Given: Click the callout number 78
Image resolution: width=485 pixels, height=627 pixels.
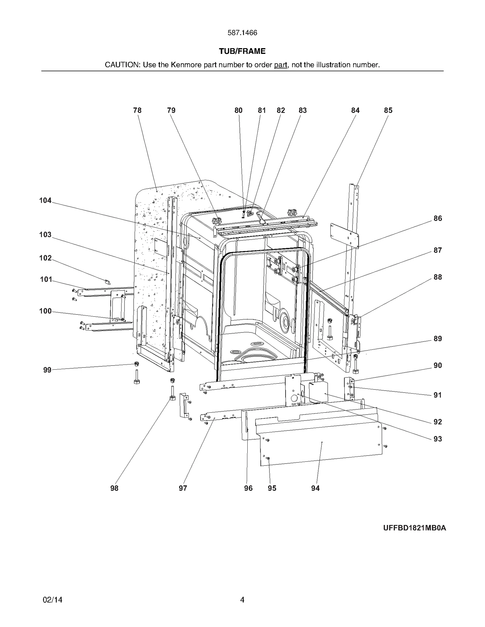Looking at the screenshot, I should (x=137, y=111).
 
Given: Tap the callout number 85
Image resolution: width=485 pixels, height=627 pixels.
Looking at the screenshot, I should (x=388, y=111).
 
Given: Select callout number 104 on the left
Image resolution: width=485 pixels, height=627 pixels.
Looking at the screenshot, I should (x=45, y=200).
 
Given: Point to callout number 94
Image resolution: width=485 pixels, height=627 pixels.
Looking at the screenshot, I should (x=315, y=488).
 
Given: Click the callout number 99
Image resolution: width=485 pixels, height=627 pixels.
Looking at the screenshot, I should (x=47, y=370).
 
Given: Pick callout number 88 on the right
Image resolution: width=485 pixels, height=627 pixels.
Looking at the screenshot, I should (x=437, y=277).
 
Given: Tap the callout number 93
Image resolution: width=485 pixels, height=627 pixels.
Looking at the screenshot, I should (x=437, y=439).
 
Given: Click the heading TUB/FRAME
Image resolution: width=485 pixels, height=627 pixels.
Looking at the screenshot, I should (x=242, y=51).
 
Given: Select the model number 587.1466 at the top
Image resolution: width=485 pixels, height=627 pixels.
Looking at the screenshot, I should (x=242, y=33).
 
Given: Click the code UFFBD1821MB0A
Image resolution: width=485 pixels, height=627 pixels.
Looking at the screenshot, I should (x=414, y=528).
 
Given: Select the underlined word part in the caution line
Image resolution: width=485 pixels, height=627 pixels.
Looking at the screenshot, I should (x=280, y=65).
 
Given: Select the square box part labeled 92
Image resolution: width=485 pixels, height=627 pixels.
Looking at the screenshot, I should (x=319, y=392).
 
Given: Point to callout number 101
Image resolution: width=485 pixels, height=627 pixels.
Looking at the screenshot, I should (x=46, y=279).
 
